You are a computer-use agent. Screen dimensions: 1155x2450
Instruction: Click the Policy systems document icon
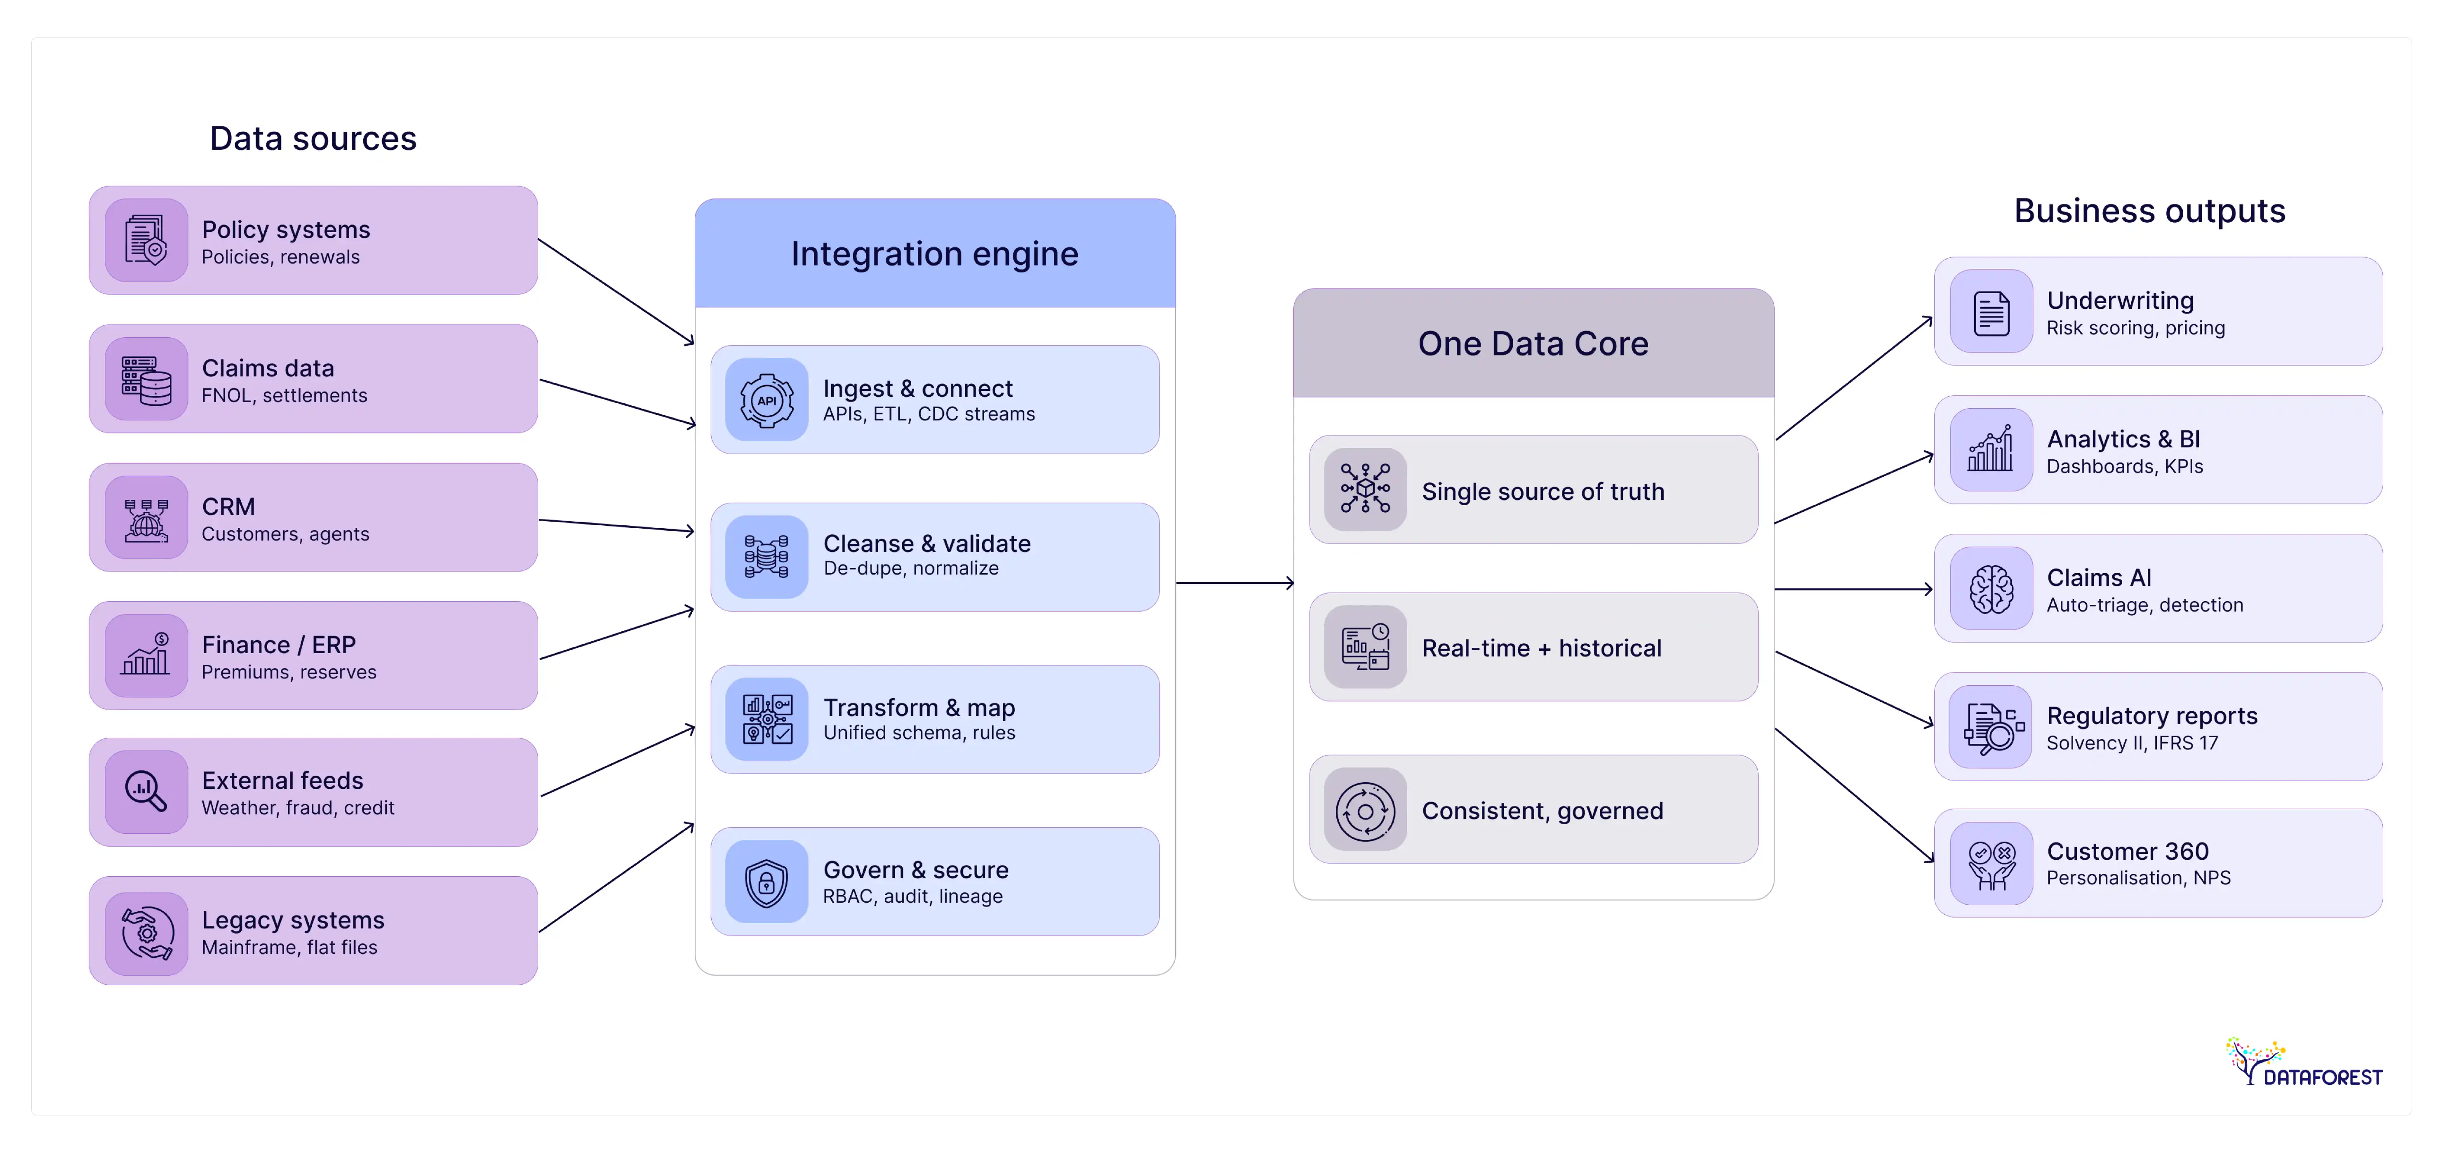coord(146,240)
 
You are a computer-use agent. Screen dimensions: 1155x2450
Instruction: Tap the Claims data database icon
coord(146,380)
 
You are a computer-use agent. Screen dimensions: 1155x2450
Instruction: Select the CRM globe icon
coord(146,518)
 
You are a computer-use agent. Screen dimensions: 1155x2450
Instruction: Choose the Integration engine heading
coord(934,254)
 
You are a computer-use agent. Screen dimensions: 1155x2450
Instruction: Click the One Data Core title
coord(1532,343)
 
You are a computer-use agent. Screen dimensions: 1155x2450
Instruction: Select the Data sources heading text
coord(313,139)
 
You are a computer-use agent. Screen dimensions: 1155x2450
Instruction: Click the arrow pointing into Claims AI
coord(1853,589)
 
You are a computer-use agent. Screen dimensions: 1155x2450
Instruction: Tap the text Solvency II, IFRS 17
coord(2131,743)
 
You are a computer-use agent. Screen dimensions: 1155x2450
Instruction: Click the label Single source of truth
coord(1542,492)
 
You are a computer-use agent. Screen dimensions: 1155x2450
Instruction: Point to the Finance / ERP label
coord(279,645)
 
